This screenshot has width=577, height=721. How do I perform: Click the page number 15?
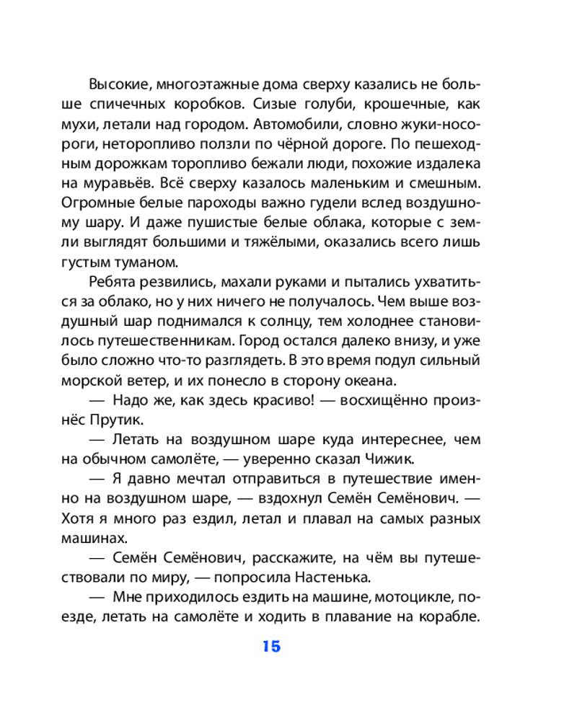click(271, 646)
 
